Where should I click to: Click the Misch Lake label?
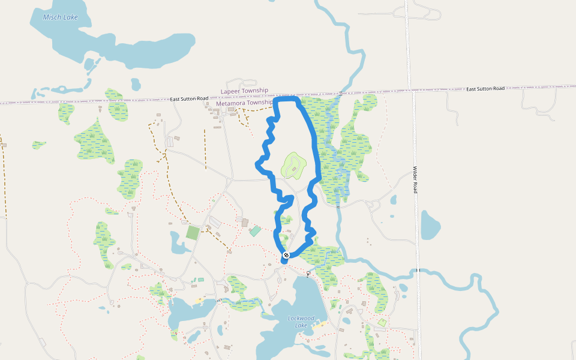(x=61, y=17)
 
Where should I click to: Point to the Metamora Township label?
(x=244, y=103)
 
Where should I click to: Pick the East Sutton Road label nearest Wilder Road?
(x=485, y=89)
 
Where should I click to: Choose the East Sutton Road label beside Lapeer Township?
(x=189, y=98)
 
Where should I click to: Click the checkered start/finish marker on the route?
(x=286, y=255)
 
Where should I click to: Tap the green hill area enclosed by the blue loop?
(x=293, y=166)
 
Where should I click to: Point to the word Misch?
(x=52, y=17)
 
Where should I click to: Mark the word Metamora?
(x=230, y=103)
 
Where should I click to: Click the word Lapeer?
(x=230, y=91)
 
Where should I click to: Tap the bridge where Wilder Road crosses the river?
(x=416, y=271)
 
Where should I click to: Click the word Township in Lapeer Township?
(x=254, y=91)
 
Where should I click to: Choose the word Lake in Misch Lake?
(x=70, y=17)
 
